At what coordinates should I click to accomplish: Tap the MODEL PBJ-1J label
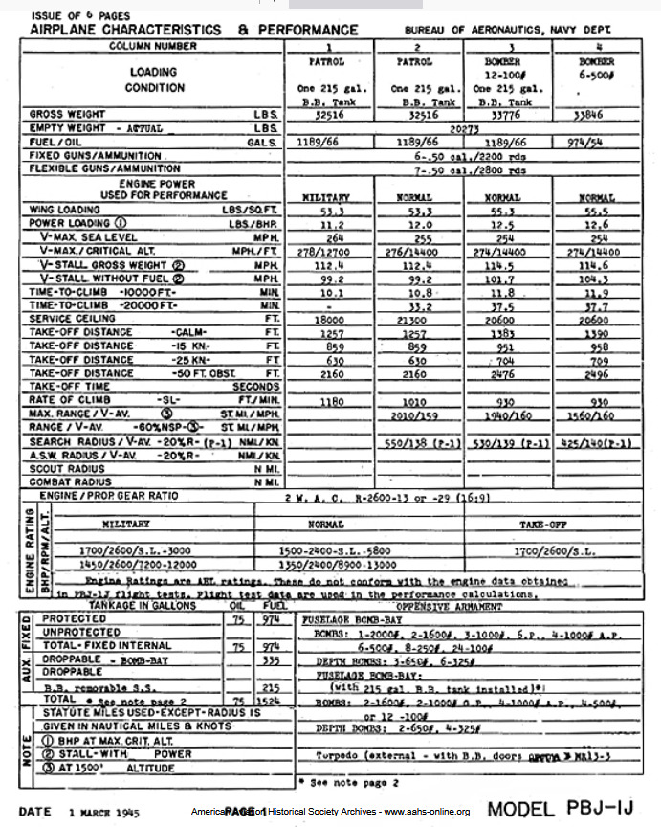561,810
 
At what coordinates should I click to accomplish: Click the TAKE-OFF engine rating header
555,525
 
